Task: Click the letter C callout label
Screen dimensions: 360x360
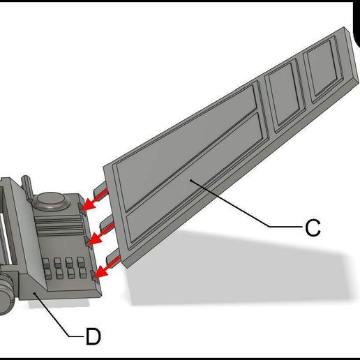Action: (x=313, y=227)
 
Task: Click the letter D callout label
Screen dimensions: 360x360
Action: (x=93, y=337)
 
